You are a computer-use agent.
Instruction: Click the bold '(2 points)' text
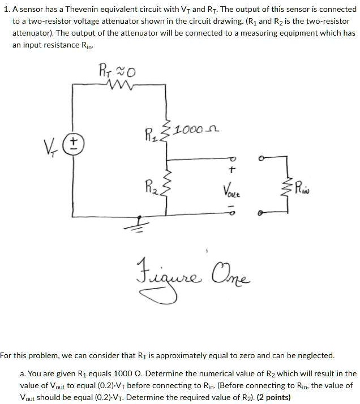click(274, 397)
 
